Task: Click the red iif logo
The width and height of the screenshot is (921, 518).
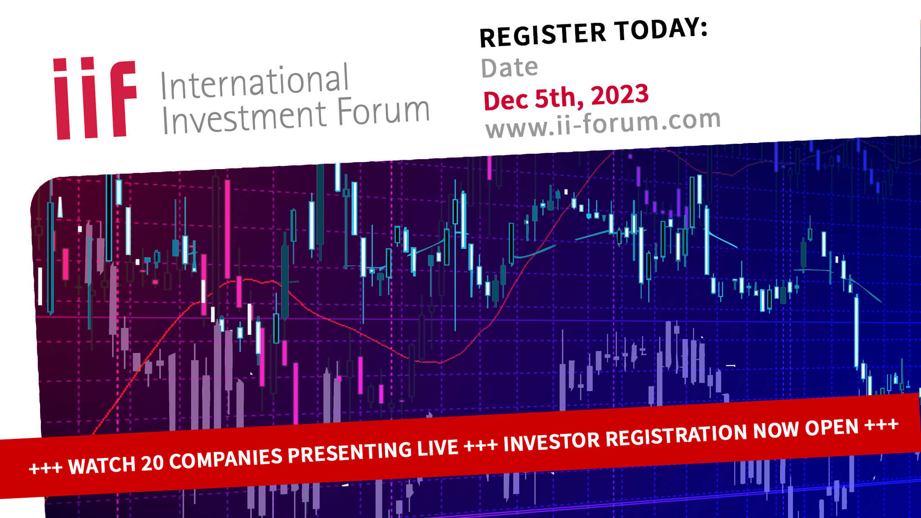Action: [x=95, y=98]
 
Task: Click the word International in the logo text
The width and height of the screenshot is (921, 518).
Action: [x=255, y=82]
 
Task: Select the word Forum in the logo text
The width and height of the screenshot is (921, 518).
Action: [x=383, y=110]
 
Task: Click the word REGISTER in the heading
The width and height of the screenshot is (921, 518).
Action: [x=543, y=35]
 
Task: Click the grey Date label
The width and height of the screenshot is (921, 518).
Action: [x=510, y=68]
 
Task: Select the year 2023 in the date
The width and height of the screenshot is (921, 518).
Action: [x=620, y=94]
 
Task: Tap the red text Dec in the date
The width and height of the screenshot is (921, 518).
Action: [x=506, y=100]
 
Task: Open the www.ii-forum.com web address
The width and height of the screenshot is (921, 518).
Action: [x=603, y=123]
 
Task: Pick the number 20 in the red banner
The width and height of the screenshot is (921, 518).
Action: [x=152, y=462]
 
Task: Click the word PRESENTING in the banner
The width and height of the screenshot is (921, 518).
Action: [x=349, y=451]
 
